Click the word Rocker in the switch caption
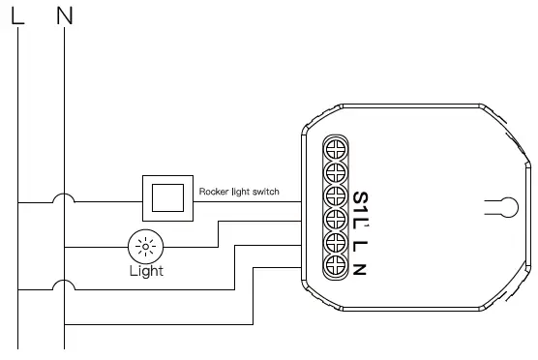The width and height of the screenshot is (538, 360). tap(214, 192)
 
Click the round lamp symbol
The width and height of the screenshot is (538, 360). tap(146, 248)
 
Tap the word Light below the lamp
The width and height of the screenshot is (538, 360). tap(146, 271)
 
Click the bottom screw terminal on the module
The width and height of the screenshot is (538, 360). tap(336, 262)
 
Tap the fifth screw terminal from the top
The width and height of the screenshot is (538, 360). tap(336, 240)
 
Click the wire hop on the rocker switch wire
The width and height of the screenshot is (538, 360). tap(65, 199)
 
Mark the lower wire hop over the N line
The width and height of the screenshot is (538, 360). tap(65, 285)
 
